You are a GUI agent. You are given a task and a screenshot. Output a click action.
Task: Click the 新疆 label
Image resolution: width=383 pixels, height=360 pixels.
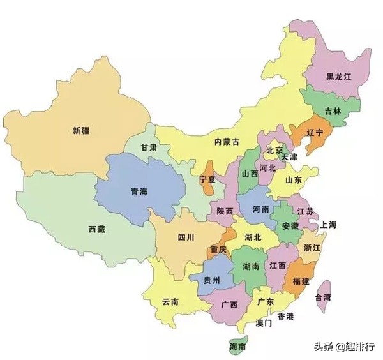click(81, 130)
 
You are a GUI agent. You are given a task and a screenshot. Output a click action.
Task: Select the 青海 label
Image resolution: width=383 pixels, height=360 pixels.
click(139, 191)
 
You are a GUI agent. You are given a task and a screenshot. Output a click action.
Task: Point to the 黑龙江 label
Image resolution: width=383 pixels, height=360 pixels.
click(339, 77)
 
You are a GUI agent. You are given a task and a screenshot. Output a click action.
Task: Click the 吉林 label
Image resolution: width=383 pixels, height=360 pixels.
click(333, 110)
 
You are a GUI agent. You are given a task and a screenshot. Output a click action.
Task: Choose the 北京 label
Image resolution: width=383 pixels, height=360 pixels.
click(274, 151)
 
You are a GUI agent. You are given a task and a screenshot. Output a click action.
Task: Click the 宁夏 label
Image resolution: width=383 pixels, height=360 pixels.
click(207, 179)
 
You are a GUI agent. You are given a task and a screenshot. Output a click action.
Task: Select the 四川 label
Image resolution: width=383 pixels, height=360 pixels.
click(186, 237)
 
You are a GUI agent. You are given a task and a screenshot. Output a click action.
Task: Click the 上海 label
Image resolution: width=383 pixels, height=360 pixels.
click(329, 225)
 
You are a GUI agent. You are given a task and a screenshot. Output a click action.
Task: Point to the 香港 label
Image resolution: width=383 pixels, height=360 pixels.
click(285, 317)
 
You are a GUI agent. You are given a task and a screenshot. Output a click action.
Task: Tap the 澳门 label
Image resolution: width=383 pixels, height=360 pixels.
click(263, 324)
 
